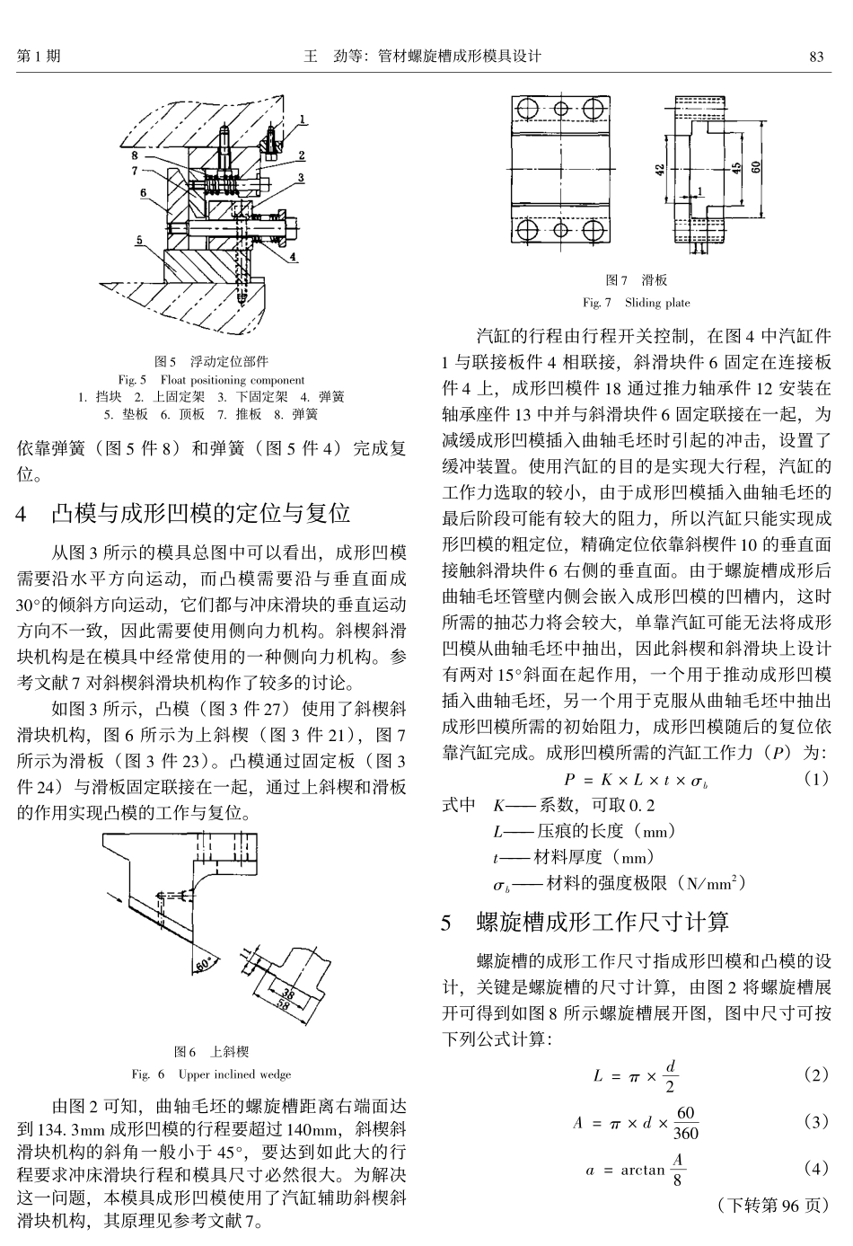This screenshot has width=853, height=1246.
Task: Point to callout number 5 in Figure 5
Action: point(139,240)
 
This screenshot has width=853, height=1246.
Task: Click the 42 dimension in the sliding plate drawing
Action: point(660,169)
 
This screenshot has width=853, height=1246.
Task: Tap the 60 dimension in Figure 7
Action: point(757,167)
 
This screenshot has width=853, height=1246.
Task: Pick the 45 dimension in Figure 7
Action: point(736,169)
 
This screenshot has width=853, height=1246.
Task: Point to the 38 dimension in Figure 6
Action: point(289,993)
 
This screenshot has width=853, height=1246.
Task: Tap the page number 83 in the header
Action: point(816,56)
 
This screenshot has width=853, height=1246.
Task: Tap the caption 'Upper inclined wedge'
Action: point(234,1074)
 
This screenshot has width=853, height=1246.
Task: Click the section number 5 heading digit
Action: point(448,922)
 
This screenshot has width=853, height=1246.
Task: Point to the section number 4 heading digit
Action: point(22,514)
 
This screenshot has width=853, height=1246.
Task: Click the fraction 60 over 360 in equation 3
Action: point(685,1123)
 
